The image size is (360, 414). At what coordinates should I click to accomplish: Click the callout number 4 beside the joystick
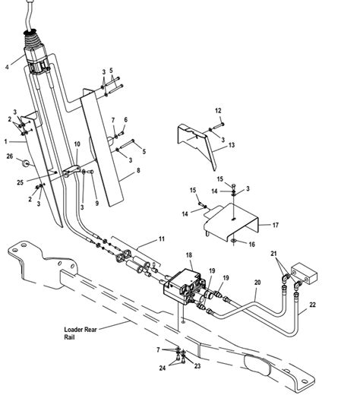(x=7, y=66)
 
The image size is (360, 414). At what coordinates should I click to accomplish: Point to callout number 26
(x=10, y=158)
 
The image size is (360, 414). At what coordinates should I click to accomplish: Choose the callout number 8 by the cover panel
(x=138, y=172)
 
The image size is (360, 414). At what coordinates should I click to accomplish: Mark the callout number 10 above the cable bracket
(x=77, y=144)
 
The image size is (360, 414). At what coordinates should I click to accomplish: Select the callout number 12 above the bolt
(x=218, y=111)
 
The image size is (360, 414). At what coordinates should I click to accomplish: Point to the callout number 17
(x=275, y=225)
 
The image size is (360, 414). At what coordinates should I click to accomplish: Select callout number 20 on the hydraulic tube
(x=257, y=282)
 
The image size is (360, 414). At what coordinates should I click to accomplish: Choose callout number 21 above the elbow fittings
(x=274, y=254)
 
